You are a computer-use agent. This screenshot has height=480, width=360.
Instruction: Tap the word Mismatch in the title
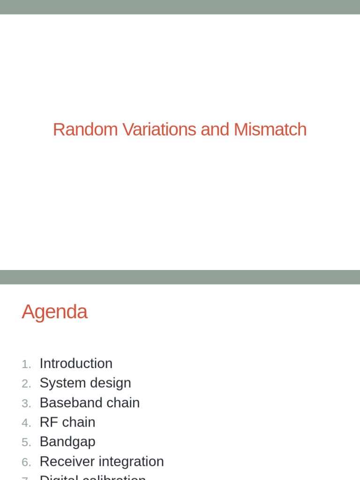[x=270, y=130]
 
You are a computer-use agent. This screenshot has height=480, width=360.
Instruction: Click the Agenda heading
[x=54, y=312]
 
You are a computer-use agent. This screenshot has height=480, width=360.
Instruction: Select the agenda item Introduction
[x=76, y=363]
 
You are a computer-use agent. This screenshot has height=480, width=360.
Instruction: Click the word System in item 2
[x=59, y=383]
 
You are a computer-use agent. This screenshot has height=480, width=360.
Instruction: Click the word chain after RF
[x=79, y=422]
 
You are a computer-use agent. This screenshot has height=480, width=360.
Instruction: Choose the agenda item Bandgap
[x=67, y=442]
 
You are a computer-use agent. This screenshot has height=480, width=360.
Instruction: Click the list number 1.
[x=26, y=364]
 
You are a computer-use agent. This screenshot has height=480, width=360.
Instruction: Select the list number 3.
[x=26, y=404]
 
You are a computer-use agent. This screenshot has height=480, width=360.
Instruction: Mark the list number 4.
[x=26, y=423]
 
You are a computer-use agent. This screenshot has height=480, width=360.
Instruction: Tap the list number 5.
[x=26, y=442]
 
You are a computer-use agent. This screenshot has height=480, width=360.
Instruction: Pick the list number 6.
[x=26, y=462]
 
